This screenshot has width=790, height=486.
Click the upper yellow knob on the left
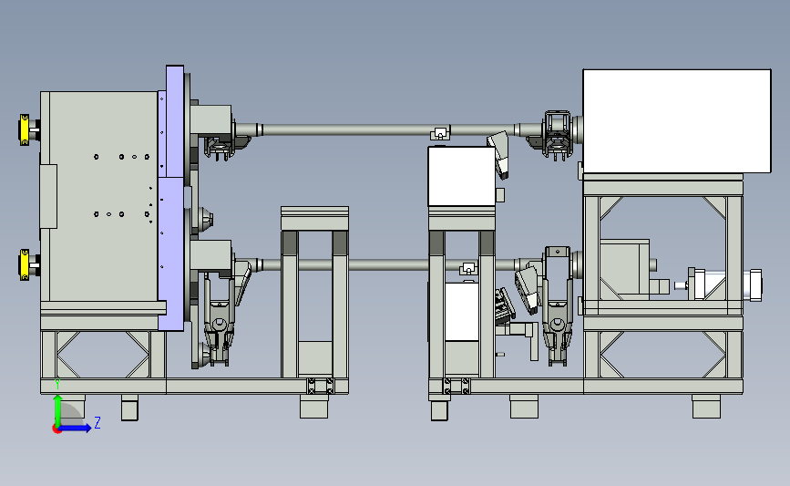tap(24, 129)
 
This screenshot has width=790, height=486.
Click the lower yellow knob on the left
tap(24, 264)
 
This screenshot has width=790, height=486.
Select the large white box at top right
tap(677, 121)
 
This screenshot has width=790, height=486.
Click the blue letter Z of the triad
tap(97, 422)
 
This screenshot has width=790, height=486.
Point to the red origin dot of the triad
tap(56, 429)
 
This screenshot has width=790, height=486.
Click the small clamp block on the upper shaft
tap(440, 134)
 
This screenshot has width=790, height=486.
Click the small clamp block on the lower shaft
tap(468, 268)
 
